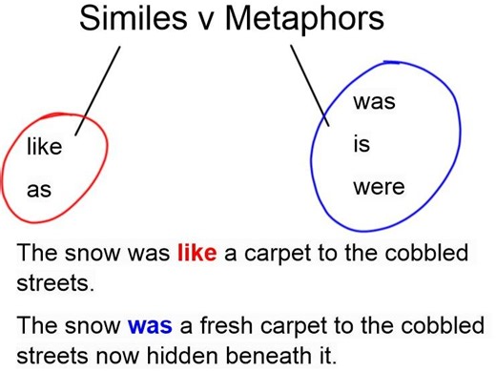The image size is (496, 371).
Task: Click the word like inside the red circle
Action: coord(44,148)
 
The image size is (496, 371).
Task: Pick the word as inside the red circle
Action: coord(38,190)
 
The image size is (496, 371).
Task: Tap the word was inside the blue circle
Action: coord(374,103)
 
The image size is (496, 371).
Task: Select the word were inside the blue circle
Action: coord(379,187)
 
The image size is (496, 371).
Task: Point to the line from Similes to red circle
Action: coord(100,91)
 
